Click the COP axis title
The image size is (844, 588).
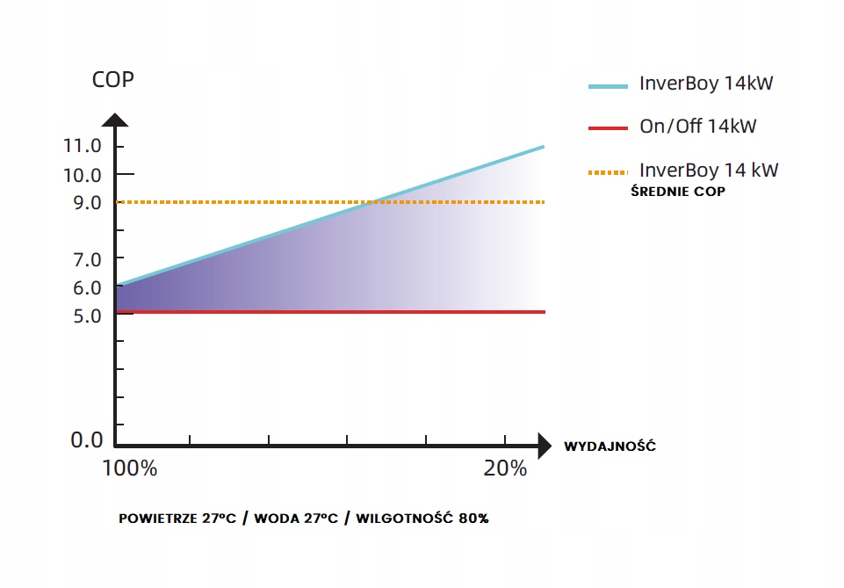pyautogui.click(x=113, y=80)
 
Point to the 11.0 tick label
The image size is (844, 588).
pyautogui.click(x=83, y=146)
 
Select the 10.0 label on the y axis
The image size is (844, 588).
pyautogui.click(x=83, y=175)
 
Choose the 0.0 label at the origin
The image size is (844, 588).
pyautogui.click(x=87, y=440)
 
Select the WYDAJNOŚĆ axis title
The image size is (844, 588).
pyautogui.click(x=610, y=446)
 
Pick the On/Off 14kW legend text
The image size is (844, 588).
pyautogui.click(x=697, y=127)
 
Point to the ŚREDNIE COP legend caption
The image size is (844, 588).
pyautogui.click(x=678, y=191)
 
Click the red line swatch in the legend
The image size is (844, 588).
pyautogui.click(x=608, y=127)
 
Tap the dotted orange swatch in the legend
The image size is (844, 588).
pyautogui.click(x=608, y=172)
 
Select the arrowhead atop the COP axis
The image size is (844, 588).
pyautogui.click(x=115, y=121)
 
